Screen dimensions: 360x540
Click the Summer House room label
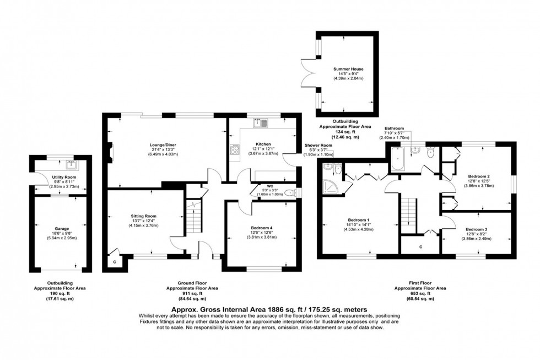tap(348, 69)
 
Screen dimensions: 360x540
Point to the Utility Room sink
tap(70, 164)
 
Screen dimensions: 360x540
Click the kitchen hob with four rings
tap(234, 149)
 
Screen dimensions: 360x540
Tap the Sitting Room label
tap(143, 216)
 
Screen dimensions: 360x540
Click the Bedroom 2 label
tap(478, 176)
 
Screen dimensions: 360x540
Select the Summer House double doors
tap(310, 74)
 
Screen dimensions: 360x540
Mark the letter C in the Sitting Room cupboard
tap(115, 262)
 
